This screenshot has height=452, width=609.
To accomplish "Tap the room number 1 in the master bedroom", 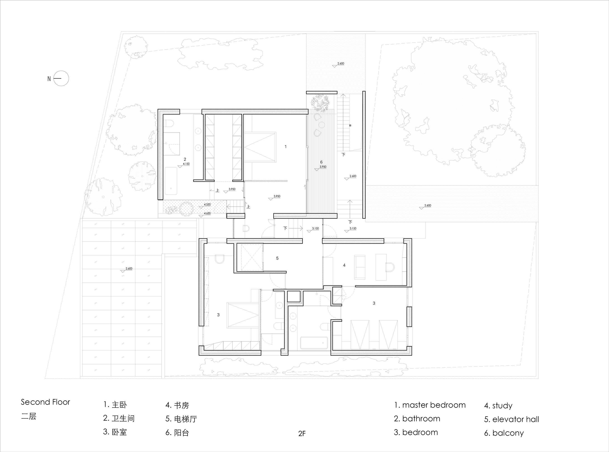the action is point(286,147).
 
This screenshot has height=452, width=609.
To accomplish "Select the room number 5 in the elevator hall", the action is point(277,258).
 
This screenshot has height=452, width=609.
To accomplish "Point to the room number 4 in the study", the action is point(344,265).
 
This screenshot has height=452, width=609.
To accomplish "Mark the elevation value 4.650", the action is point(207,213).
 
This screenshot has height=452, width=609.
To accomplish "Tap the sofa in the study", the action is point(360,267).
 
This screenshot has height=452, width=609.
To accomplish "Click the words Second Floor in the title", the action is point(45,402).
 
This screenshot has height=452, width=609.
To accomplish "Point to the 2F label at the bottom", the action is point(302,433).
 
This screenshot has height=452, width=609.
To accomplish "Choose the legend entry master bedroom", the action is point(430,405).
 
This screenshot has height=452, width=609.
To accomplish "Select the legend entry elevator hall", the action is point(512,419).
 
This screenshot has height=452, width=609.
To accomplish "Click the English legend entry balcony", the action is point(504,433).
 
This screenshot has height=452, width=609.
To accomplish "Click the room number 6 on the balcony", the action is point(321,162).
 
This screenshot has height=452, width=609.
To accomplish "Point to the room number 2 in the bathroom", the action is point(185,159).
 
